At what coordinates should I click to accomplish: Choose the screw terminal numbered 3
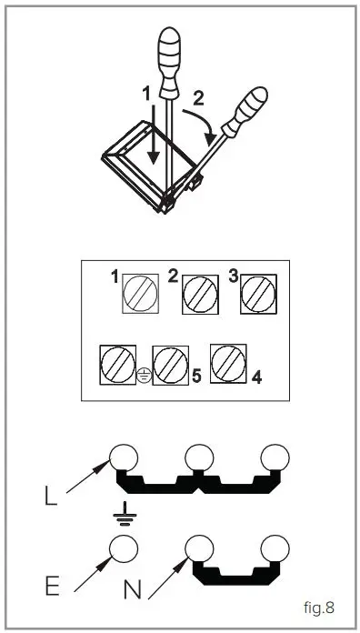tap(257, 294)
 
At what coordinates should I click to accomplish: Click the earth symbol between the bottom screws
tap(143, 373)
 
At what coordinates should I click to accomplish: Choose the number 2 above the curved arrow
tap(200, 95)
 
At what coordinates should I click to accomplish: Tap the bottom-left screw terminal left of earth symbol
tap(116, 364)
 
